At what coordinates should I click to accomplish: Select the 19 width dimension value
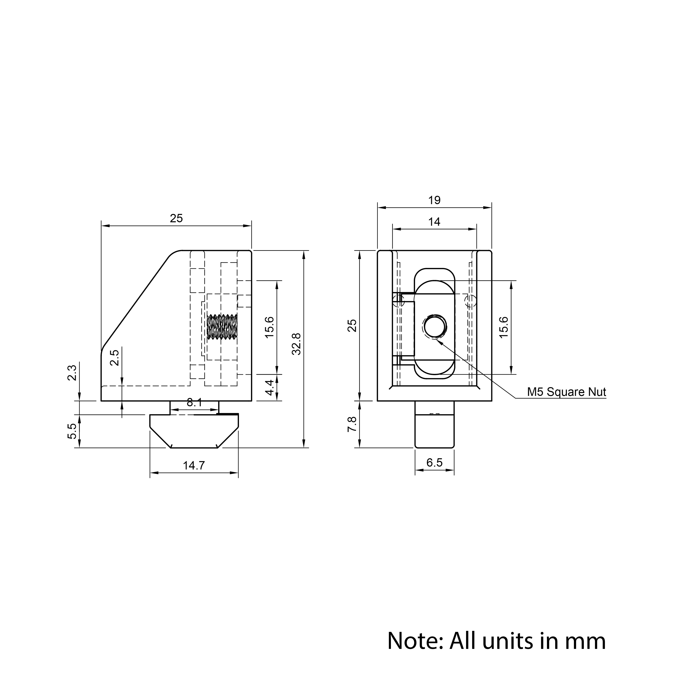click(x=434, y=200)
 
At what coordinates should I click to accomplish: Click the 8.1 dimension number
click(x=194, y=403)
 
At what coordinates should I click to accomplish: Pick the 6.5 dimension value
click(x=434, y=463)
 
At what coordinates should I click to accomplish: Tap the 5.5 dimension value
click(x=72, y=431)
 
